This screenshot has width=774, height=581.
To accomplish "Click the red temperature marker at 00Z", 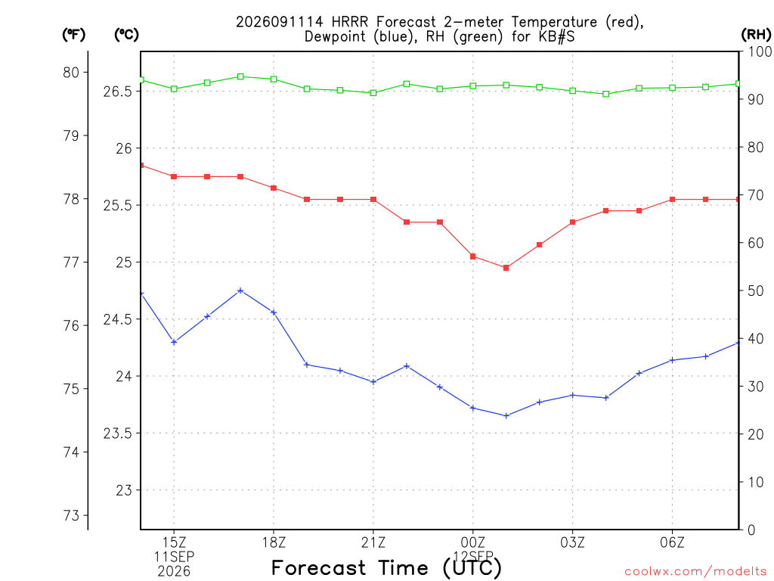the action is pyautogui.click(x=473, y=256).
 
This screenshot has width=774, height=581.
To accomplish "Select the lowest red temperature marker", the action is pyautogui.click(x=506, y=268).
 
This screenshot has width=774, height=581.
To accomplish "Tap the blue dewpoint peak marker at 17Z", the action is pyautogui.click(x=240, y=290).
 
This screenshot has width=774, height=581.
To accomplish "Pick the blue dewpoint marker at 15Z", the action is pyautogui.click(x=174, y=342).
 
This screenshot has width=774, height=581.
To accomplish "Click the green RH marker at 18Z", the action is pyautogui.click(x=274, y=79).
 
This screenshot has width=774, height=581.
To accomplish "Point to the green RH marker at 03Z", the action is pyautogui.click(x=573, y=91).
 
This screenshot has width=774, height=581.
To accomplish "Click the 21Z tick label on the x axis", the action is pyautogui.click(x=373, y=542).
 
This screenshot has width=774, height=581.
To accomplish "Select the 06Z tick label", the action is pyautogui.click(x=672, y=542).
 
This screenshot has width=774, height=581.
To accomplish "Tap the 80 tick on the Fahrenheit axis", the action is pyautogui.click(x=71, y=73).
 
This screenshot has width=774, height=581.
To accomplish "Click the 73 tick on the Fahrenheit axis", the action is pyautogui.click(x=71, y=515).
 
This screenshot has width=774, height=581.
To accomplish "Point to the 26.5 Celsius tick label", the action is pyautogui.click(x=118, y=92).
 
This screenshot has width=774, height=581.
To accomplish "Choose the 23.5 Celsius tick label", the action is pyautogui.click(x=118, y=433).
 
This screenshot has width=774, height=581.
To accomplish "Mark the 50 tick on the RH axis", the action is pyautogui.click(x=756, y=291).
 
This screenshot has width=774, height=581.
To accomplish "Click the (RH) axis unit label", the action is pyautogui.click(x=756, y=35).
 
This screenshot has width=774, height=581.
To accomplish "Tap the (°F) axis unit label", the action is pyautogui.click(x=73, y=35).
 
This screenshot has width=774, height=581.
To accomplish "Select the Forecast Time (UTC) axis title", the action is pyautogui.click(x=386, y=568).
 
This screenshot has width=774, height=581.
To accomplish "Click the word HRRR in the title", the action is pyautogui.click(x=349, y=22).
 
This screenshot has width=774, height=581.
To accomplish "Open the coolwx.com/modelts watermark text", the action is pyautogui.click(x=695, y=571).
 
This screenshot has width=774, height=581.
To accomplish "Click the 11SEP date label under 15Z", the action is pyautogui.click(x=174, y=557).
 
